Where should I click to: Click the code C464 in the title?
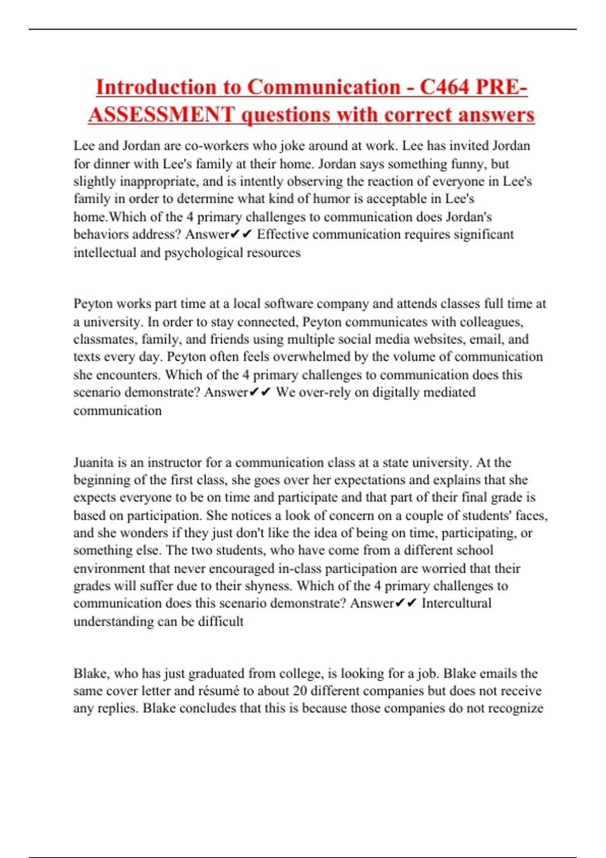coord(444,87)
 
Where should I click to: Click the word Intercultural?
coord(456,604)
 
